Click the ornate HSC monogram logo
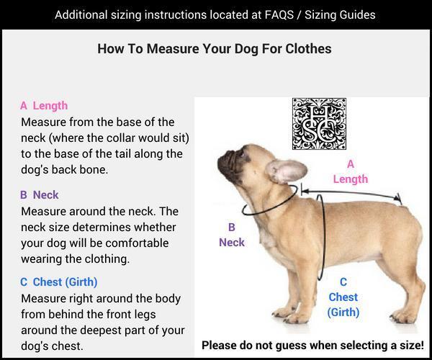319,124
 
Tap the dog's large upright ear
287,171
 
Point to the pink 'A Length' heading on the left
44,106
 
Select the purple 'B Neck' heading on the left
39,195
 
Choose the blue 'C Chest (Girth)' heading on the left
59,282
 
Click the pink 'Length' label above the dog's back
351,179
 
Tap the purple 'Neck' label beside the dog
232,243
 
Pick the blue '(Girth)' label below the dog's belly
343,312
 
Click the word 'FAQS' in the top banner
279,15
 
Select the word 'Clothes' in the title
308,49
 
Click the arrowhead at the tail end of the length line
398,197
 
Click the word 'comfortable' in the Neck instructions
137,243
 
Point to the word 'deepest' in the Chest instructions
101,330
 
